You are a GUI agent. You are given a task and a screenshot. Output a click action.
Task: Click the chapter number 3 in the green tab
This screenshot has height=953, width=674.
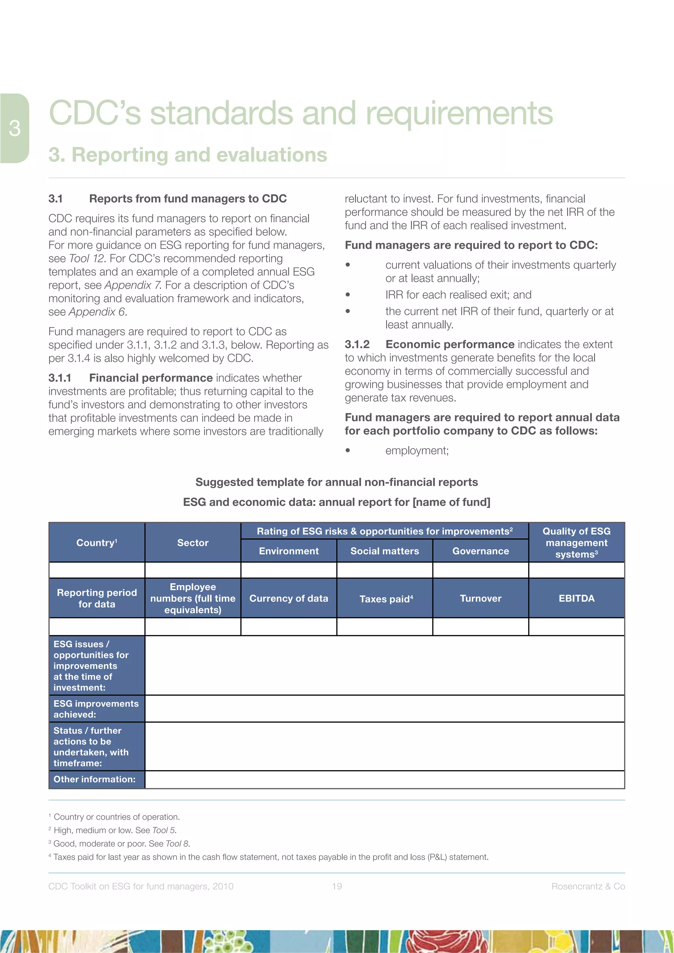point(15,128)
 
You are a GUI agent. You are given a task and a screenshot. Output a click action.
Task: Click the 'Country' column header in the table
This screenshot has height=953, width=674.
point(96,542)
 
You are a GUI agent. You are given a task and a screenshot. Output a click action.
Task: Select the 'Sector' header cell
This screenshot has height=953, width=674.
point(193,542)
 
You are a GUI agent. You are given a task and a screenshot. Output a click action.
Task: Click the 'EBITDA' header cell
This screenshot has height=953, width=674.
point(576,598)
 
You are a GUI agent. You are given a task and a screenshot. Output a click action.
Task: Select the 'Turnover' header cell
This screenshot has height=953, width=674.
point(480,598)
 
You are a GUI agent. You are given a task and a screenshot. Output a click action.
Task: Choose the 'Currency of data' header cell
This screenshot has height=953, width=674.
point(289,598)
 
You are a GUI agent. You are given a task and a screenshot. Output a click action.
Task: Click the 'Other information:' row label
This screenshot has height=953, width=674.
point(95,779)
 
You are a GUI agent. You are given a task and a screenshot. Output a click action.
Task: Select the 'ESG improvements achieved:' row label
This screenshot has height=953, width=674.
point(96,709)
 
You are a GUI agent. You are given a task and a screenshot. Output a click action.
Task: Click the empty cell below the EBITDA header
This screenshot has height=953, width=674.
point(576,626)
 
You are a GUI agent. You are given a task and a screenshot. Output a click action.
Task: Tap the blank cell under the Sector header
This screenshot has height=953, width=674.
point(193,570)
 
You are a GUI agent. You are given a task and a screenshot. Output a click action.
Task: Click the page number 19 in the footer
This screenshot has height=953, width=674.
point(337,886)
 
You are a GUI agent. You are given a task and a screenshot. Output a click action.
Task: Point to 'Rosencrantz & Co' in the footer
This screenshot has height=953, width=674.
point(588,886)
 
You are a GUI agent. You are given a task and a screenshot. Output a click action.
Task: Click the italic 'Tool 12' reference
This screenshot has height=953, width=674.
point(86,258)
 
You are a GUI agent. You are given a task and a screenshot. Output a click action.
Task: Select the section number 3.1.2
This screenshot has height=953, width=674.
point(357,344)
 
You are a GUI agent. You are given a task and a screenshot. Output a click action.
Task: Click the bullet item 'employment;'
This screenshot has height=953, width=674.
point(417,450)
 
